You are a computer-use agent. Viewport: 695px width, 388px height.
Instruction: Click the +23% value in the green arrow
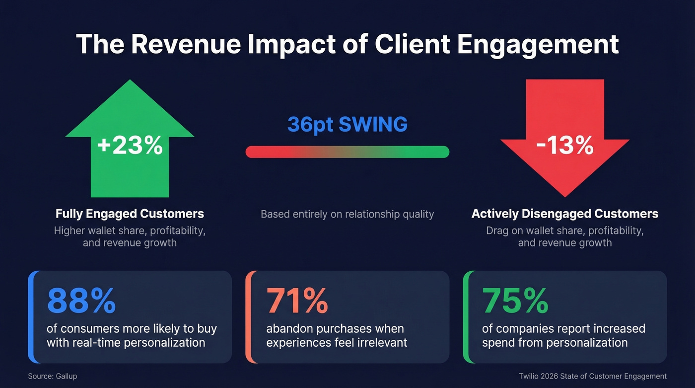[130, 146]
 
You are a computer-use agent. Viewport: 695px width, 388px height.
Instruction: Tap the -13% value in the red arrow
[565, 146]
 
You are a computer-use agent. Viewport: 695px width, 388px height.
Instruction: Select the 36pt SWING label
[347, 124]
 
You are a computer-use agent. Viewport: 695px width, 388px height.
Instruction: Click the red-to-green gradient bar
[347, 152]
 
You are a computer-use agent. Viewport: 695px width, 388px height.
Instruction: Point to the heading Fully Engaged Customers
[130, 214]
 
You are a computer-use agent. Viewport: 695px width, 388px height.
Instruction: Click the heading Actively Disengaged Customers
[564, 214]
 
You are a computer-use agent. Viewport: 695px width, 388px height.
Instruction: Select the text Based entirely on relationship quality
[347, 214]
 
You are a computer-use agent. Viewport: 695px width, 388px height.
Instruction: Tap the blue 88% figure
[81, 301]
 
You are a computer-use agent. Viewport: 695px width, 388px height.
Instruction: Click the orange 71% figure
[297, 301]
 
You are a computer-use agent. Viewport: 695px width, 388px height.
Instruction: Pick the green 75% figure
[515, 301]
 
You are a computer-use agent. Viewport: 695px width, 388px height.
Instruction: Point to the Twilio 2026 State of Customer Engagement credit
[592, 376]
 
